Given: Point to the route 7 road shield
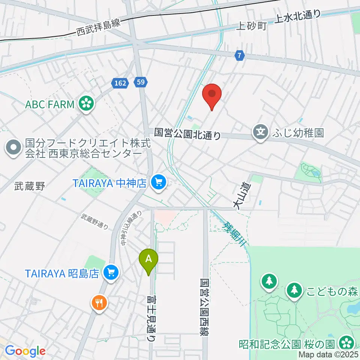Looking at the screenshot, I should [x=240, y=56].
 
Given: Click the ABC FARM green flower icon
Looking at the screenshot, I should [x=86, y=104].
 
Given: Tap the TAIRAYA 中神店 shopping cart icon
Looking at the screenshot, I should [x=159, y=183].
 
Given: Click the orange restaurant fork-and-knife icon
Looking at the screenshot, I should [x=99, y=302].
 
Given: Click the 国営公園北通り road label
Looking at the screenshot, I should [x=188, y=133].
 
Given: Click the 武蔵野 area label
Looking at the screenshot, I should [x=30, y=186].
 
